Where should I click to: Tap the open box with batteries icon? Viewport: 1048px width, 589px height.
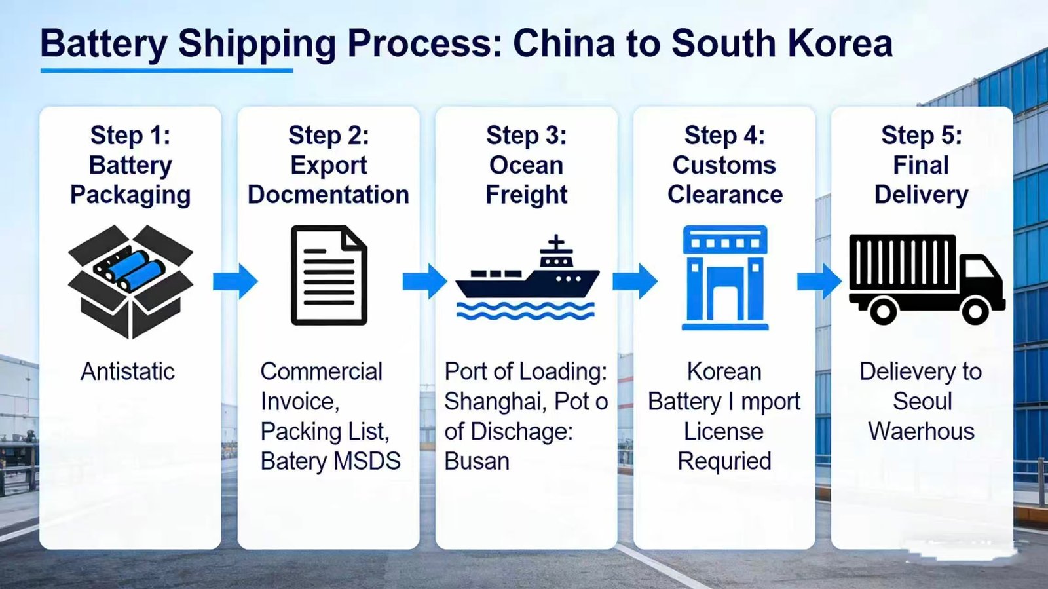[130, 281]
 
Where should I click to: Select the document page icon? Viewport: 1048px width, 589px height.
[329, 275]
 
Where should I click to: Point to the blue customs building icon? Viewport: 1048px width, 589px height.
[724, 277]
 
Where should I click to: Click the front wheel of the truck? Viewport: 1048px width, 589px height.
[975, 311]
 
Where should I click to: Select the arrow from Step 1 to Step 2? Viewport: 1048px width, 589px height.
[235, 282]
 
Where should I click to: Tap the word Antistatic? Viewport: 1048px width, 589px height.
[128, 371]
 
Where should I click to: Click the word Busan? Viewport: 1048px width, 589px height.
[477, 461]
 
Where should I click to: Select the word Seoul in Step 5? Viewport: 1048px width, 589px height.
[922, 401]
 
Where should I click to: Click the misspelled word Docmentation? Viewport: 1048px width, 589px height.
[328, 195]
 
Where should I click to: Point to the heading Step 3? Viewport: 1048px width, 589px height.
[527, 136]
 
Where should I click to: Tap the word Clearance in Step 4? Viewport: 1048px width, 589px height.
[724, 195]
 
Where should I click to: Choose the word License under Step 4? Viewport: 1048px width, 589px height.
[724, 431]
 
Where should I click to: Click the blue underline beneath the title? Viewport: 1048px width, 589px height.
[166, 70]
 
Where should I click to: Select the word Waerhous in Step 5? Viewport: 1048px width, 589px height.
[921, 431]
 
